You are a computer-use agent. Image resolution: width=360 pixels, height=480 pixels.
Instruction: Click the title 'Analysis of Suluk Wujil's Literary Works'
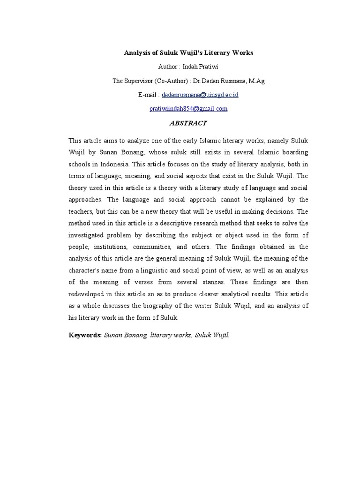click(x=188, y=53)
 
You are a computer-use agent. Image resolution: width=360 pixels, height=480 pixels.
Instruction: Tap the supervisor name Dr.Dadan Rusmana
click(x=220, y=81)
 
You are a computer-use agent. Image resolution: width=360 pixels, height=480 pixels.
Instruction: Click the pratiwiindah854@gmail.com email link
click(x=188, y=108)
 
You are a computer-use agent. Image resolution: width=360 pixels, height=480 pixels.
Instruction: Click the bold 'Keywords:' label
click(x=85, y=336)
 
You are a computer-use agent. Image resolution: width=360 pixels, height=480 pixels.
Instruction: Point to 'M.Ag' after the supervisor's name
click(x=256, y=81)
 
